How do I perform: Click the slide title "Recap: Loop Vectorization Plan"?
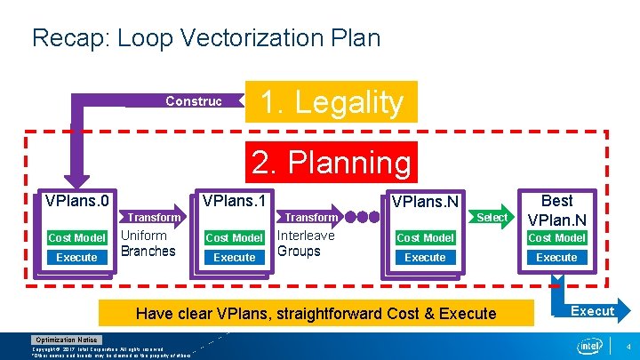(x=205, y=38)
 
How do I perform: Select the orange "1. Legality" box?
(x=331, y=102)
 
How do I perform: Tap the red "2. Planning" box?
(x=331, y=163)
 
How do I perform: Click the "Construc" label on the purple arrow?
(x=193, y=101)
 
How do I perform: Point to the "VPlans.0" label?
(x=76, y=201)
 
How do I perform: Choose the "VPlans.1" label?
(x=235, y=201)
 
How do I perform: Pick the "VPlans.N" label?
(x=425, y=203)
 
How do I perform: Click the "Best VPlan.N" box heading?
(x=556, y=210)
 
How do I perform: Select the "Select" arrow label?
(x=492, y=217)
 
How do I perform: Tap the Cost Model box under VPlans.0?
(x=76, y=237)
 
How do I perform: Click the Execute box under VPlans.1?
(x=235, y=258)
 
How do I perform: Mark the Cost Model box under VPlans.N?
(x=425, y=237)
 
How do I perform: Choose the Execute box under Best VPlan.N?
(x=556, y=258)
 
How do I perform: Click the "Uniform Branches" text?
(x=148, y=243)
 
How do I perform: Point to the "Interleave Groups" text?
(x=306, y=243)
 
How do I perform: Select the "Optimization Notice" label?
(x=67, y=340)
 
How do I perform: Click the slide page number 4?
(x=628, y=345)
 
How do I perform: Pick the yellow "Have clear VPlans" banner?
(x=316, y=313)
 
